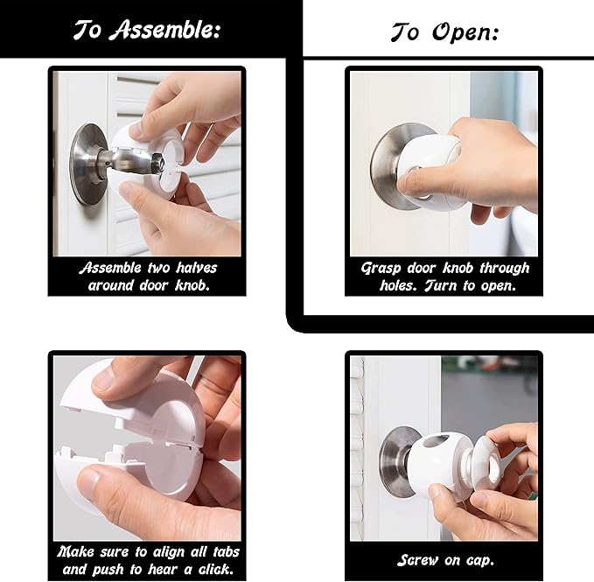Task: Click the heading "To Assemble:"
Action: click(146, 29)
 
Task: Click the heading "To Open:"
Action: click(444, 33)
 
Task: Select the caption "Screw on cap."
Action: click(444, 560)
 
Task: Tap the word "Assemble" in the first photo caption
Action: click(112, 268)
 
